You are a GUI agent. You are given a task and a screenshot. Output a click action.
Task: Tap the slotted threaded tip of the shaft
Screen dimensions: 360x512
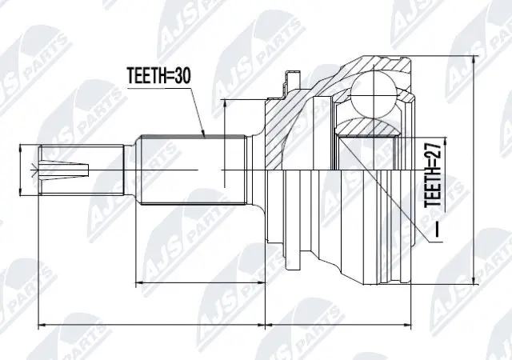[68, 169]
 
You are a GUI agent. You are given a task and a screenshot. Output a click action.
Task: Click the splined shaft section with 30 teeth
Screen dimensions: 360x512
[192, 169]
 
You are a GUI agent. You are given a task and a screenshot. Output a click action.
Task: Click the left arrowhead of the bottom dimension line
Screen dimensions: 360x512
[42, 324]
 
